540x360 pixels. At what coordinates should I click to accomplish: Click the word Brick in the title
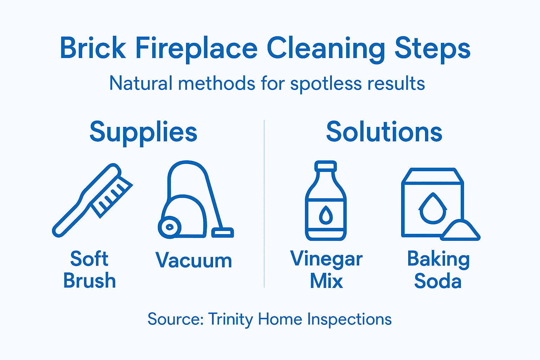click(x=93, y=49)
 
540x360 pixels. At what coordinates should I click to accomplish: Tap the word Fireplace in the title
click(x=196, y=49)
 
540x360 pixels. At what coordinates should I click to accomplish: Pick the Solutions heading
click(x=384, y=132)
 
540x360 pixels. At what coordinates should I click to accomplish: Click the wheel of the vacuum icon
click(x=169, y=227)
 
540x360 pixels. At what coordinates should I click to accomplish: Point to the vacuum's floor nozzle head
click(x=223, y=232)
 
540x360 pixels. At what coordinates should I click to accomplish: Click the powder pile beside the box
click(x=460, y=231)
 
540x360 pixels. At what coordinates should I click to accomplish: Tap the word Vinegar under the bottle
click(x=326, y=259)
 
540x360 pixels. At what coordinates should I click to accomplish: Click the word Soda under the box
click(x=438, y=281)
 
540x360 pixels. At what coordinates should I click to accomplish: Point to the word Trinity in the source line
click(x=231, y=319)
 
